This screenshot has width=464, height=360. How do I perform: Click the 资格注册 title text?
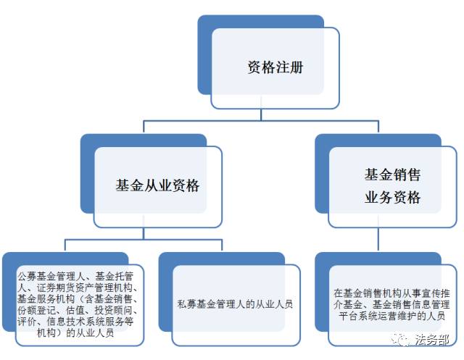tap(275, 67)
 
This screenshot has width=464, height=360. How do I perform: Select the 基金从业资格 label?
tap(157, 185)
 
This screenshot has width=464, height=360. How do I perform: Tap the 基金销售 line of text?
tap(392, 175)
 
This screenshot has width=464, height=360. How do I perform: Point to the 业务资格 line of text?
tap(392, 197)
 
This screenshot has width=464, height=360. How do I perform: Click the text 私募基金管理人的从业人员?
tap(235, 304)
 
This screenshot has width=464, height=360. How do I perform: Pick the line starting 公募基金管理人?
tap(75, 277)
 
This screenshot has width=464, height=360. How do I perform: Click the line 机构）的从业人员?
tap(75, 333)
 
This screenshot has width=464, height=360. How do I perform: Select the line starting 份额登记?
tap(78, 310)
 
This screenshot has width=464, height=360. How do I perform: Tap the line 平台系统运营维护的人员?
tap(392, 316)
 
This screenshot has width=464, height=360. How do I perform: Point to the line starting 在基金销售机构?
tap(392, 293)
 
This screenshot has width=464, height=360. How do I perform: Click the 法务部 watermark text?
tap(432, 340)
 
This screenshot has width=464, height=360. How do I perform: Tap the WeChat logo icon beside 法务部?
tap(401, 340)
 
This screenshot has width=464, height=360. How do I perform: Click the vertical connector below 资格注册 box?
tap(261, 114)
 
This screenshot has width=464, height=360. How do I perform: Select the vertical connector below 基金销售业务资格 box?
tap(378, 239)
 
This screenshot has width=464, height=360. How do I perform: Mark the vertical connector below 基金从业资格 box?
tap(144, 233)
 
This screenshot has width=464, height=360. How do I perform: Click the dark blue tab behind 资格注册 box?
tap(204, 54)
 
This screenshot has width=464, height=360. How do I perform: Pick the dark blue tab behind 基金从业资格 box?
tap(87, 174)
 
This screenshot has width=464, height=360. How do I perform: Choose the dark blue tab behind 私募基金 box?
tap(166, 292)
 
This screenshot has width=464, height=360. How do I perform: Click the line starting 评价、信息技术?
tap(75, 322)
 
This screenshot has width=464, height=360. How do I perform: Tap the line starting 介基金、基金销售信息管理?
tap(392, 304)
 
